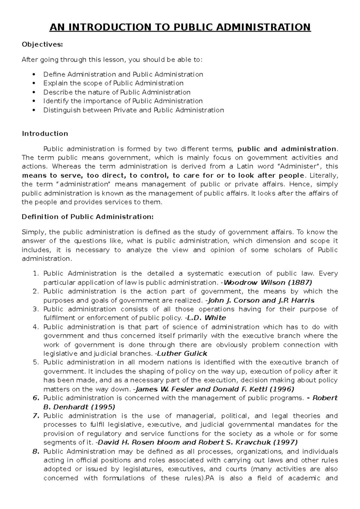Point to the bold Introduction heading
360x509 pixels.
45,134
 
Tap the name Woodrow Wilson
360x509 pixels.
255,282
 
